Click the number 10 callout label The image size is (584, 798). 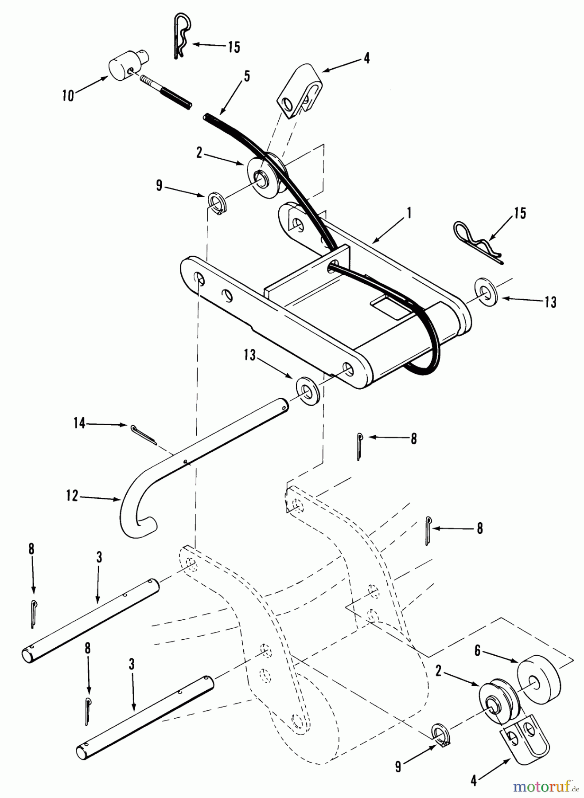click(x=68, y=96)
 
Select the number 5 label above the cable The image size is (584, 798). click(x=247, y=76)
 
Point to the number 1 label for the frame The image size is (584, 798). click(x=409, y=214)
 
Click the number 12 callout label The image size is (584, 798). click(x=72, y=496)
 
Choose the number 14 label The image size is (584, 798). click(x=79, y=424)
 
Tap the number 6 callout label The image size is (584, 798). click(x=477, y=650)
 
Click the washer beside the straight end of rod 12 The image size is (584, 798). click(x=306, y=389)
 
